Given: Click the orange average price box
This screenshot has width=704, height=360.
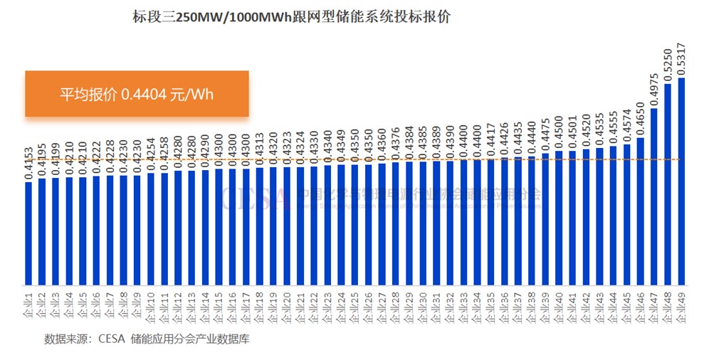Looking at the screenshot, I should coord(137,93).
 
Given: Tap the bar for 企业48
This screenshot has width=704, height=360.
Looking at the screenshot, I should coord(668,184).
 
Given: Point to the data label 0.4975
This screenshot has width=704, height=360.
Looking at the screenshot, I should coord(655,88).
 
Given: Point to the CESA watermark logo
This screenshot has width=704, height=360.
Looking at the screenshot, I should coord(253,198).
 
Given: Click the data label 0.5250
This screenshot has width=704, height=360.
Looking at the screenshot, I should coord(668,65).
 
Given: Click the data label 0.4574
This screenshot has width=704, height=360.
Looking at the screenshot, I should coord(627,127).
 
